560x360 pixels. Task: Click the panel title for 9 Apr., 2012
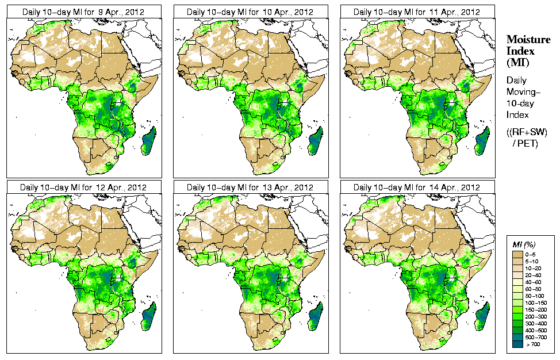coord(84,12)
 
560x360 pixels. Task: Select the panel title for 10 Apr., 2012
coord(250,12)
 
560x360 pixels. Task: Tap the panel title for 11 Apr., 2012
coord(417,12)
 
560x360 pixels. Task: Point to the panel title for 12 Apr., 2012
coord(84,187)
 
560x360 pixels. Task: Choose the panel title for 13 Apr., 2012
coord(250,187)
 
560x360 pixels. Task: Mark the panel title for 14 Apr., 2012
coord(417,187)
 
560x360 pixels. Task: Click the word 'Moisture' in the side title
coord(526,39)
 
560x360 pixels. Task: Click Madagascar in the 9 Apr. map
coord(148,141)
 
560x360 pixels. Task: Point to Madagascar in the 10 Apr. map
coord(316,141)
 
